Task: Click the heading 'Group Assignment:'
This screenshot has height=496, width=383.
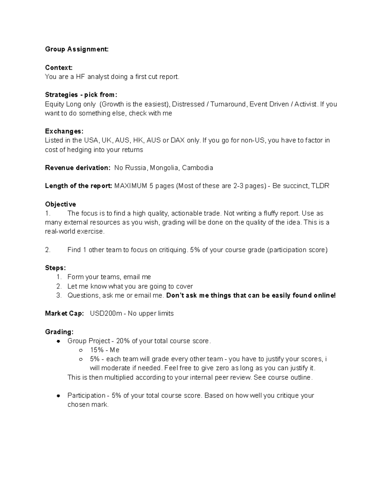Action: (x=77, y=49)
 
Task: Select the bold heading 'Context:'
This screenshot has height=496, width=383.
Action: (x=59, y=67)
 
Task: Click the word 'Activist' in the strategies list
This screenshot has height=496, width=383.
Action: (x=305, y=104)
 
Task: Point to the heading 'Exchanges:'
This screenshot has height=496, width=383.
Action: (x=64, y=131)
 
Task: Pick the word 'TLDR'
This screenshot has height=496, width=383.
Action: (x=320, y=186)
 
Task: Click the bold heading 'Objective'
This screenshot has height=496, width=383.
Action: (x=60, y=204)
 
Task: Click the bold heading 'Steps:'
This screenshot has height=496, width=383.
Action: (x=55, y=268)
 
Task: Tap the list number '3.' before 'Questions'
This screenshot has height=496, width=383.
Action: (x=59, y=295)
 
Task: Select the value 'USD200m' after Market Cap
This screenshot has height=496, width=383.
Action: (x=106, y=314)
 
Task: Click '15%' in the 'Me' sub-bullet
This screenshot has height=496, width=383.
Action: (x=97, y=350)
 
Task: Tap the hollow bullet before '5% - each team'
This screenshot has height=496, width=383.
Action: (x=81, y=359)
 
